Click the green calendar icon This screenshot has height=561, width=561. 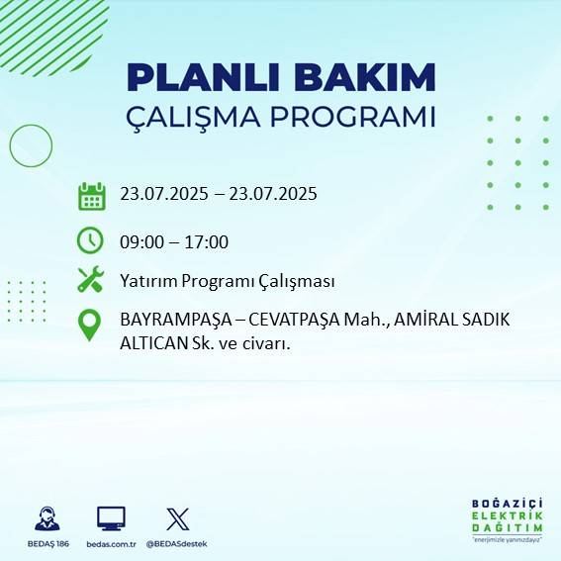(x=91, y=195)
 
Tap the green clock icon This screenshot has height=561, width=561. (x=90, y=240)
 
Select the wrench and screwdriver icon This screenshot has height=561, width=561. (x=90, y=280)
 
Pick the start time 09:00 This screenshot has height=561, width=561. (x=140, y=241)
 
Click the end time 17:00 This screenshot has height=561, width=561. (x=208, y=241)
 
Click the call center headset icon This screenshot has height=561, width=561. (x=46, y=518)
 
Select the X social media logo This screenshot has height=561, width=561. (x=177, y=518)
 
